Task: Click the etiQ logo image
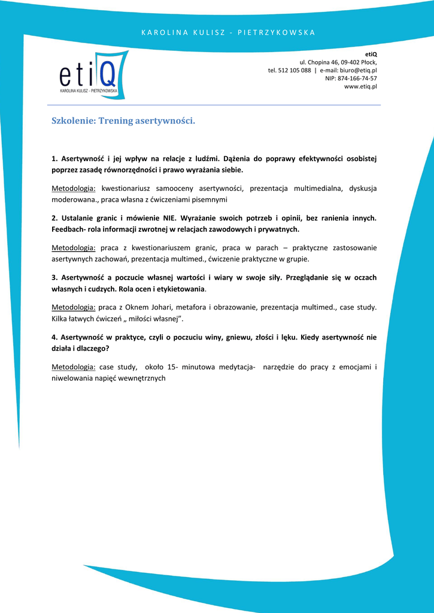click(x=93, y=74)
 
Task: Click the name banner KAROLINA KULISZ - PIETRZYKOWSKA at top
click(x=228, y=32)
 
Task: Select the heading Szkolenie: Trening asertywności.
click(x=123, y=121)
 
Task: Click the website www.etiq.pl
click(x=360, y=87)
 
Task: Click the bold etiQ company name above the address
click(x=371, y=54)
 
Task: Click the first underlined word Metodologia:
click(x=74, y=189)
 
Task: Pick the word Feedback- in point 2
click(x=68, y=229)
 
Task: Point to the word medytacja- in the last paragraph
click(x=232, y=366)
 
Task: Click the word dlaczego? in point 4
click(x=93, y=347)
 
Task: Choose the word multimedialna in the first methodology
click(x=318, y=189)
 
